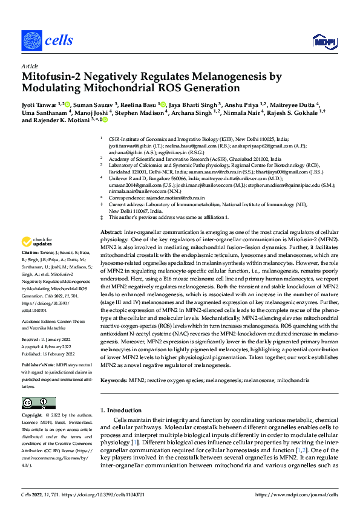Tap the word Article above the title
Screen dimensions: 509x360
point(29,66)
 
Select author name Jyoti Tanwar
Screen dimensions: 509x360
point(42,104)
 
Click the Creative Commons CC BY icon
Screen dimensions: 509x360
point(39,403)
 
